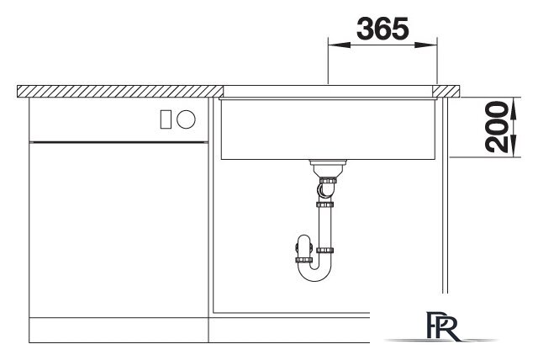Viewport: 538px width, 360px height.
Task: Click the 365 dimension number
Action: click(x=382, y=29)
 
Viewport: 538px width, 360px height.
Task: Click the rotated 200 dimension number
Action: click(x=497, y=127)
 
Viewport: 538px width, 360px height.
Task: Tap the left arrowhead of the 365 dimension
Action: click(x=339, y=45)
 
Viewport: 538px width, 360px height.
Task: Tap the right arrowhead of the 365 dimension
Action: click(x=426, y=45)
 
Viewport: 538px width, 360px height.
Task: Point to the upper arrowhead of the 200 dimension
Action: click(x=514, y=109)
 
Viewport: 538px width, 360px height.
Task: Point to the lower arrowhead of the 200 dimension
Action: click(x=514, y=146)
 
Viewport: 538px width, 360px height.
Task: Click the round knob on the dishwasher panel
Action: click(x=186, y=119)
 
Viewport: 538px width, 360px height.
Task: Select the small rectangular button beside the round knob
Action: click(x=166, y=119)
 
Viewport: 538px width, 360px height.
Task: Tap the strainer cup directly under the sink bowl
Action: click(x=328, y=168)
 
